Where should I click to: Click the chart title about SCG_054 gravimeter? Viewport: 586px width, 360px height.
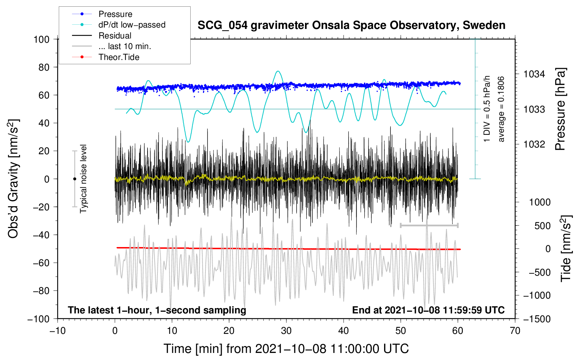pyautogui.click(x=351, y=25)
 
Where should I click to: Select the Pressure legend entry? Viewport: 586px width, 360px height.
pyautogui.click(x=115, y=14)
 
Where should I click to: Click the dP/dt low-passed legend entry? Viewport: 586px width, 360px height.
pyautogui.click(x=132, y=25)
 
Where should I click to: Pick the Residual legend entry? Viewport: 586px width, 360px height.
pyautogui.click(x=115, y=36)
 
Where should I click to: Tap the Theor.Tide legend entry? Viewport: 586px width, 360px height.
pyautogui.click(x=119, y=57)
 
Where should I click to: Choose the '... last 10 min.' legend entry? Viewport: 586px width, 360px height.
pyautogui.click(x=125, y=46)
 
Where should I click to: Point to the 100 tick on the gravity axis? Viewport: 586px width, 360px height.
pyautogui.click(x=41, y=39)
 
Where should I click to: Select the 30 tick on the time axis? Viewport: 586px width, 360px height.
pyautogui.click(x=286, y=331)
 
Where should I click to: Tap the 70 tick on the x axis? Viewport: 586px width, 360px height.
pyautogui.click(x=515, y=331)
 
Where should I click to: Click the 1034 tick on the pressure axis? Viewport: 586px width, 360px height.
pyautogui.click(x=534, y=74)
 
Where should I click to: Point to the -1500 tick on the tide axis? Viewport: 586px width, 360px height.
pyautogui.click(x=537, y=319)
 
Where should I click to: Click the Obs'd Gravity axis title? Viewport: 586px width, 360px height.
pyautogui.click(x=13, y=179)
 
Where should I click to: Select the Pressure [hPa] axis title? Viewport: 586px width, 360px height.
pyautogui.click(x=560, y=109)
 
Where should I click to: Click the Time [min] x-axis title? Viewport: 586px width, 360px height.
pyautogui.click(x=286, y=349)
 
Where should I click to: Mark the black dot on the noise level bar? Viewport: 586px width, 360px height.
pyautogui.click(x=74, y=179)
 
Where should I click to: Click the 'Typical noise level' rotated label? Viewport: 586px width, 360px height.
pyautogui.click(x=83, y=179)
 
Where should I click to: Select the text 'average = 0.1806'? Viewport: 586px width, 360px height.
pyautogui.click(x=501, y=109)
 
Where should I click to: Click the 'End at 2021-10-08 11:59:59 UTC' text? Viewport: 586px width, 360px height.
pyautogui.click(x=428, y=310)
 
